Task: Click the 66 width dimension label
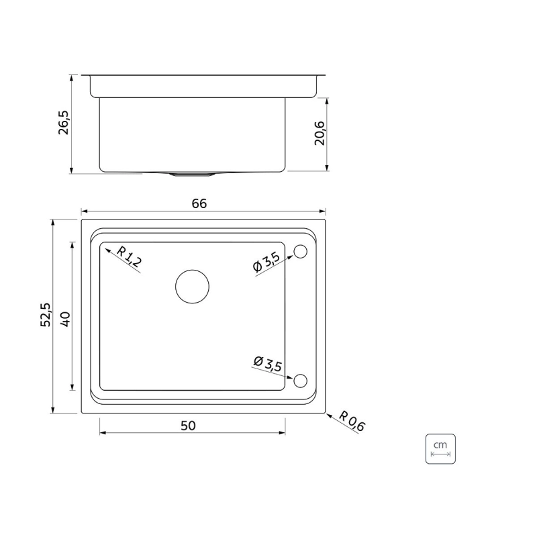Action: pos(199,203)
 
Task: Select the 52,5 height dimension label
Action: pos(46,315)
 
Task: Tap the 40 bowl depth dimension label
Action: pos(65,319)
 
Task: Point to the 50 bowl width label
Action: pos(188,426)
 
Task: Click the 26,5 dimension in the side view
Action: pos(63,122)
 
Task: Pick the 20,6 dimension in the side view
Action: pos(320,133)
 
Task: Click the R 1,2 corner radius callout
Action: pos(129,256)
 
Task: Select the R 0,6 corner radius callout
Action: pos(352,421)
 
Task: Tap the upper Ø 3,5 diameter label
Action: pos(266,262)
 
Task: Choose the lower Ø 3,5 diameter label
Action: pos(267,364)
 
